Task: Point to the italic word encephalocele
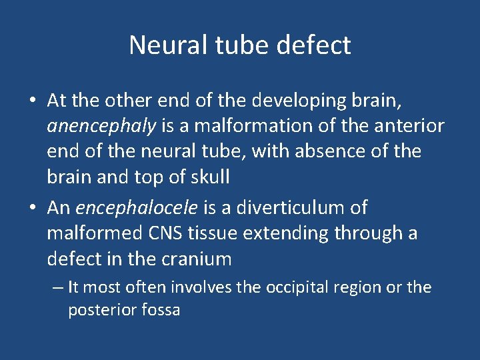137,207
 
